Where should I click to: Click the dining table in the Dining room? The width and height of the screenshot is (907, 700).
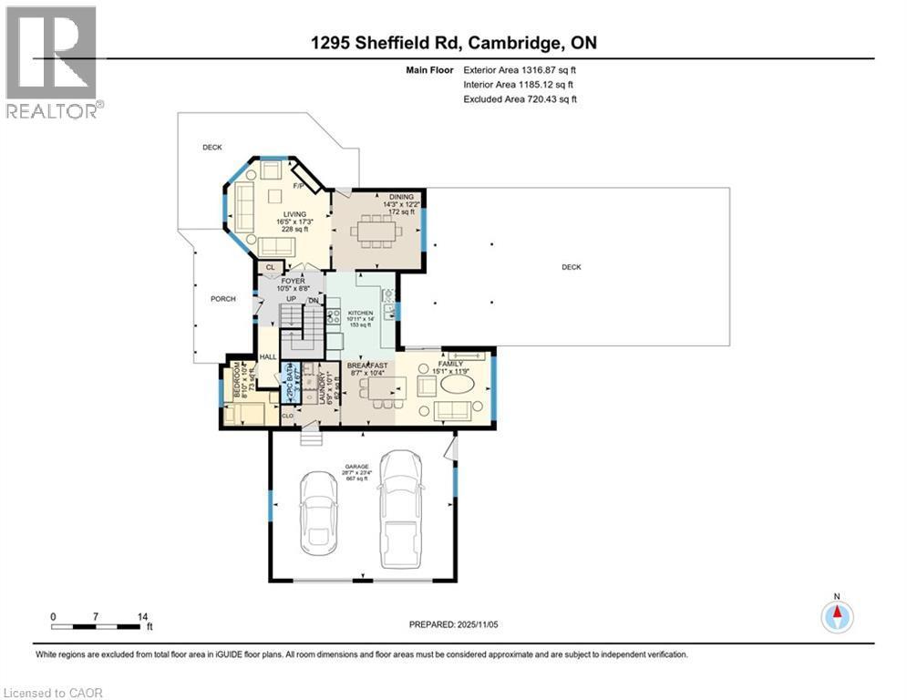[375, 231]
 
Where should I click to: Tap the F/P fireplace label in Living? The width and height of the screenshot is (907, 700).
[297, 186]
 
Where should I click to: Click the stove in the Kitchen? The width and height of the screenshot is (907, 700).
[333, 317]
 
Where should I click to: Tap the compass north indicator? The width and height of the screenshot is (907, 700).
[837, 617]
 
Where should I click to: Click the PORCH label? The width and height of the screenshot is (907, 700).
[222, 299]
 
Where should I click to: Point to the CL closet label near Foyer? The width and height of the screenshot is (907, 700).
[270, 267]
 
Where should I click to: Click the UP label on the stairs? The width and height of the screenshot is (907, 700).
[292, 299]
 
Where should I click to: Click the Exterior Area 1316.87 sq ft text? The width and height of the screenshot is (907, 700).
[520, 69]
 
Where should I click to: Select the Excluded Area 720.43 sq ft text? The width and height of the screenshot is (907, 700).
[520, 99]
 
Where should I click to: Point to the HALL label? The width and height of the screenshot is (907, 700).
[268, 357]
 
